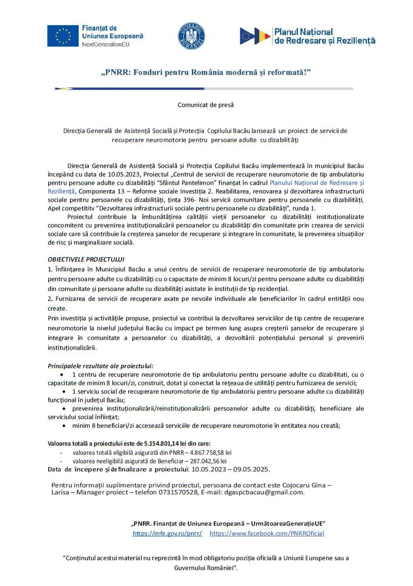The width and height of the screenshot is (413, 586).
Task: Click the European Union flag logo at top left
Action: coord(63,36)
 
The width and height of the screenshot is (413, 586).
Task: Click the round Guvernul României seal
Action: coord(191,36)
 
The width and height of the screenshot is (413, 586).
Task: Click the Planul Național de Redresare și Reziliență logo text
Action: coord(324,36)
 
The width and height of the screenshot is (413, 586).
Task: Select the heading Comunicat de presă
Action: coord(206,105)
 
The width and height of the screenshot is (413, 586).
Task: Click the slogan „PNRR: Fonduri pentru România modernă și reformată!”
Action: coord(206,73)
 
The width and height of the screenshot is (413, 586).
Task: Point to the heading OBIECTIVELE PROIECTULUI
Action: coord(86,259)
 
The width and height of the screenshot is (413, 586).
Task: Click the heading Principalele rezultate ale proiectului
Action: coord(101,366)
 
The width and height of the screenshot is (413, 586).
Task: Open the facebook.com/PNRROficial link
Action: coord(267,533)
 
